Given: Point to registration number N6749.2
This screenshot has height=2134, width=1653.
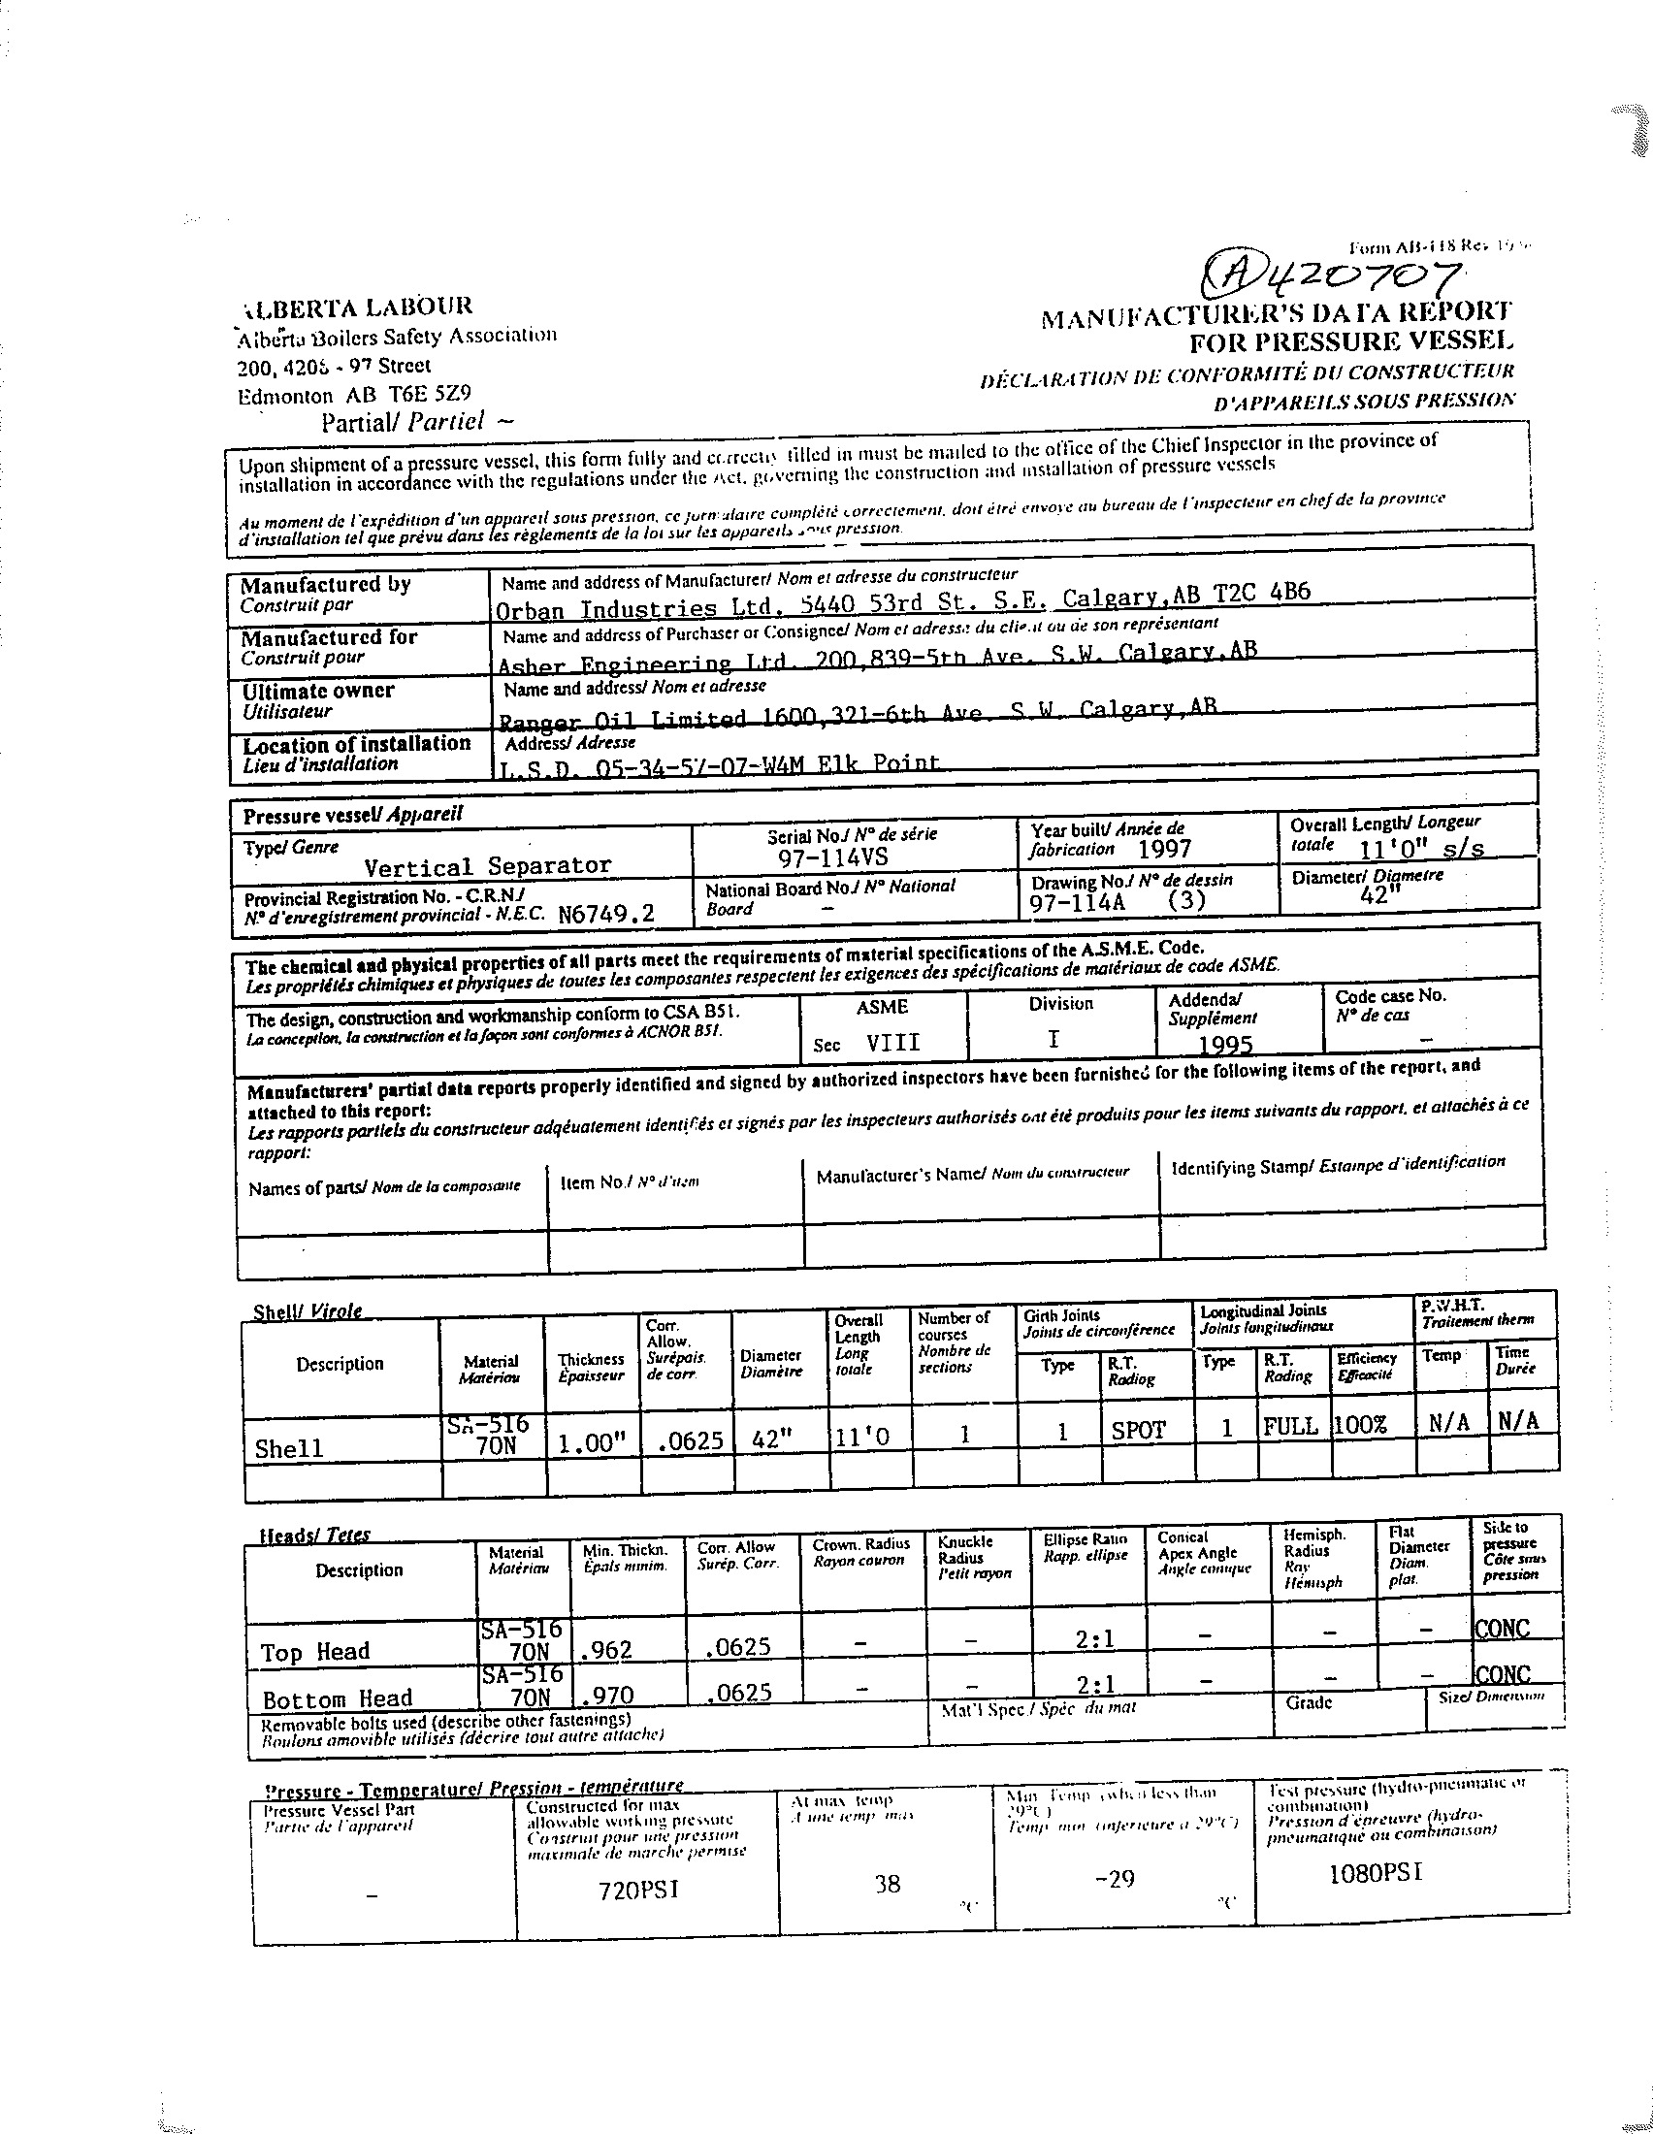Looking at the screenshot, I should [605, 914].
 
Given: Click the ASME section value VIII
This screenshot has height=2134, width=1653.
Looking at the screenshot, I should [892, 1042].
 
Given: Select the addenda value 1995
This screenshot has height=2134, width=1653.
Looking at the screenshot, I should [1225, 1045].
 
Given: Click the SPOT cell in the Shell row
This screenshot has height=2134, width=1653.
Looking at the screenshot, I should [1138, 1430].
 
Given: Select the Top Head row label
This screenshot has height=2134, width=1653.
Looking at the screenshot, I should [314, 1652].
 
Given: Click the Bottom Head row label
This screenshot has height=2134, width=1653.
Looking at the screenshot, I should [337, 1698].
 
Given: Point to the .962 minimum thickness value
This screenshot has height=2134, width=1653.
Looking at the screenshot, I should [605, 1650].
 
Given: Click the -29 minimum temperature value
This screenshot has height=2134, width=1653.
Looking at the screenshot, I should [1115, 1878].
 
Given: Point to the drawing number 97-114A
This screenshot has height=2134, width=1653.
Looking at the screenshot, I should [1077, 902].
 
